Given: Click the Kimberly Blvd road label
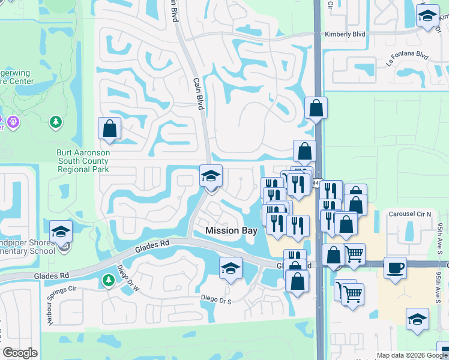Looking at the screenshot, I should (x=345, y=35).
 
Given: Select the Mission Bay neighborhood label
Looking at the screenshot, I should (x=231, y=230).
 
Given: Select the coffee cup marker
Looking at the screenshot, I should (x=395, y=268).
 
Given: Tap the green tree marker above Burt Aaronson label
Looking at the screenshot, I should (x=56, y=122).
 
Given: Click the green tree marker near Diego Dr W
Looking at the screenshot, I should (x=108, y=280).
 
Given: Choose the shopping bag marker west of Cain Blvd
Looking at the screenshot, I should (x=109, y=128).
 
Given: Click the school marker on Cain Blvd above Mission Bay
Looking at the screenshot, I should (x=211, y=175).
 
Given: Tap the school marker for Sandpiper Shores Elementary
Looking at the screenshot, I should (x=61, y=232).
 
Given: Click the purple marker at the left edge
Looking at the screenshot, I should (x=13, y=123).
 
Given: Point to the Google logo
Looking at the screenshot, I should (x=20, y=353).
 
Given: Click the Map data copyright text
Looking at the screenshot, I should (x=412, y=355).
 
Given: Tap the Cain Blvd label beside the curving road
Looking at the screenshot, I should (x=198, y=94).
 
